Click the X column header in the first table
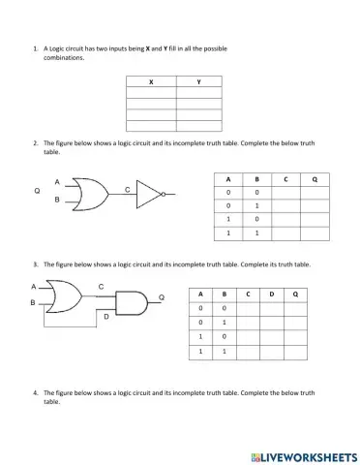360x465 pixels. coord(151,81)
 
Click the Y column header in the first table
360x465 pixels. coord(198,81)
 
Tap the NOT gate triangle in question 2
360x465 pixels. coord(150,194)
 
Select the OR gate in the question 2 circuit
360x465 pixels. coord(90,194)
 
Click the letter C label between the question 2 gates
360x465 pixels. coord(127,190)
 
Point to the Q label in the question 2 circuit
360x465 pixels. coord(37,191)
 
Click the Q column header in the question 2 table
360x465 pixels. coord(315,179)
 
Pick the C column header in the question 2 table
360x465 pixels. coord(285,179)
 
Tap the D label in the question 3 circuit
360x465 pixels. coord(106,317)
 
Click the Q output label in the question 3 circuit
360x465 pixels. coord(161,296)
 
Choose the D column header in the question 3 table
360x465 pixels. coord(271,293)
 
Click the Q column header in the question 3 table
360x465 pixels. coord(294,293)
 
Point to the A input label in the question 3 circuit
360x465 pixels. coord(33,287)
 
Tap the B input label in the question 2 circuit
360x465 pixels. coord(56,200)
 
